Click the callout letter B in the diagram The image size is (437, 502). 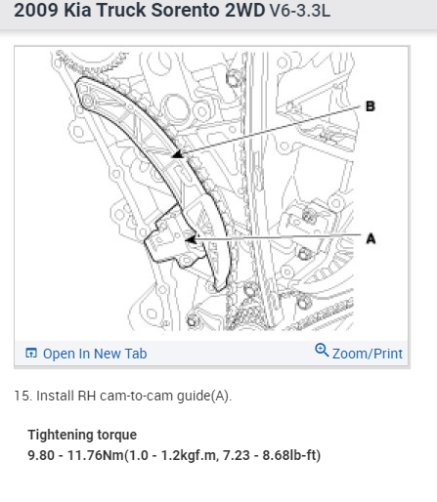point(371,106)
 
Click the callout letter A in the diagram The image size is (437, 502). point(371,239)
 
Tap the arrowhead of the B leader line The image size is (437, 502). point(178,154)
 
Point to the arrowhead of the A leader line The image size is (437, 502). point(191,240)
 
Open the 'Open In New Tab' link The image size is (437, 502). point(95,354)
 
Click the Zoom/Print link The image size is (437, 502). point(368,354)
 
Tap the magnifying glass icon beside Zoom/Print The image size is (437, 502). point(322,350)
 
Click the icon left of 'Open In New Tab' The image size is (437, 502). point(31,353)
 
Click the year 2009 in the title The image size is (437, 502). point(36,10)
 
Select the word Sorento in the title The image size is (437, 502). point(186,10)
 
